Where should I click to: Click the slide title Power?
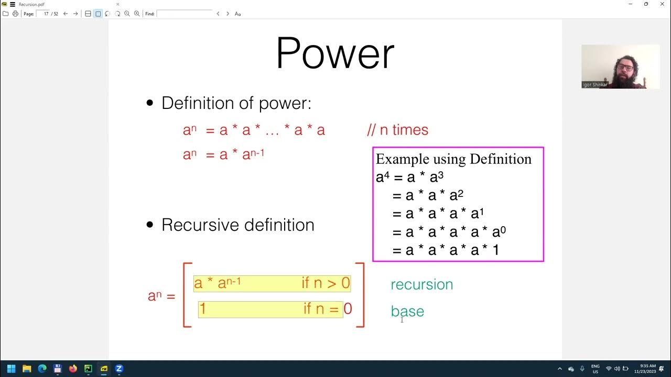pyautogui.click(x=334, y=53)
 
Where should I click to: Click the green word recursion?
pyautogui.click(x=421, y=284)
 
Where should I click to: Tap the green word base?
pyautogui.click(x=407, y=311)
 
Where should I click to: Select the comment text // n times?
pyautogui.click(x=397, y=130)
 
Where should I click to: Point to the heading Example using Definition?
pyautogui.click(x=453, y=159)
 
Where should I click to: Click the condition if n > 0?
pyautogui.click(x=325, y=283)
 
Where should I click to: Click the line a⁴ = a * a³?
pyautogui.click(x=410, y=177)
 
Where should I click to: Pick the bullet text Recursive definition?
pyautogui.click(x=237, y=225)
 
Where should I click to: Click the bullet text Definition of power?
pyautogui.click(x=236, y=103)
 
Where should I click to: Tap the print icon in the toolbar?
pyautogui.click(x=15, y=14)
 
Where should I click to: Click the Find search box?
pyautogui.click(x=184, y=14)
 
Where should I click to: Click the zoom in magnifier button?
pyautogui.click(x=137, y=14)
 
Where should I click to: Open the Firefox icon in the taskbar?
pyautogui.click(x=73, y=369)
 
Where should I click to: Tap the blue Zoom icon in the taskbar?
pyautogui.click(x=119, y=369)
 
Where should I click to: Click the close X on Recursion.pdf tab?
pyautogui.click(x=117, y=4)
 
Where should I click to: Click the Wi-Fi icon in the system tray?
pyautogui.click(x=609, y=369)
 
